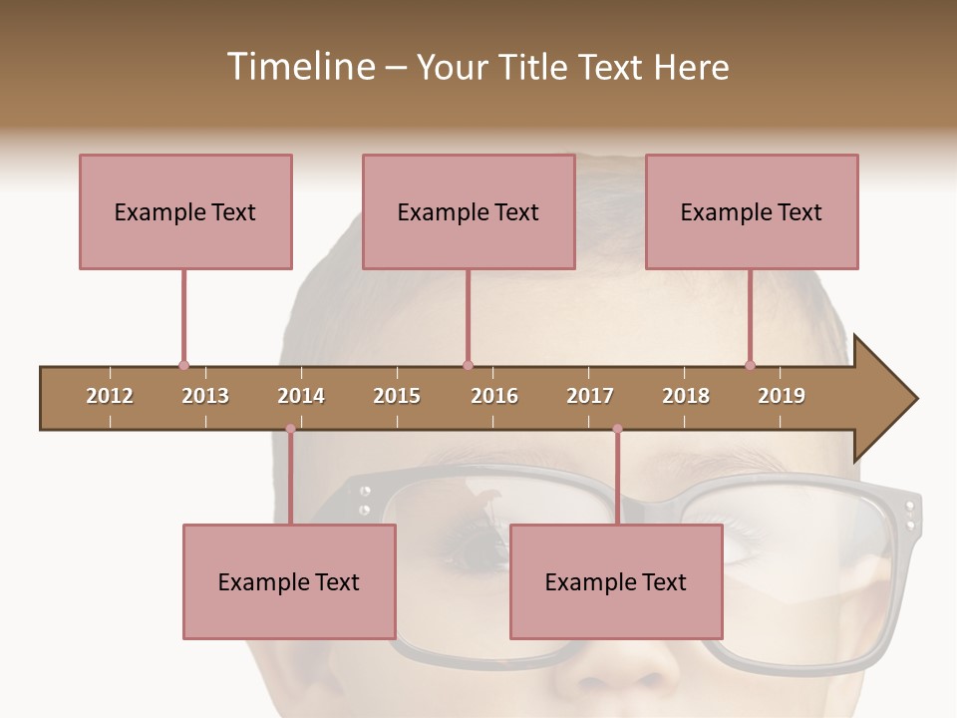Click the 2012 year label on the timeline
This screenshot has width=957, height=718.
tap(110, 396)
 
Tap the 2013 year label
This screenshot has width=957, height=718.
tap(205, 396)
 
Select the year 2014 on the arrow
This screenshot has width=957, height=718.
tap(301, 396)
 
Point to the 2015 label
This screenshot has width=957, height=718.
tap(397, 396)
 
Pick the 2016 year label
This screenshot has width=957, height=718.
tap(494, 396)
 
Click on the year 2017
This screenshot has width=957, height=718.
tap(590, 396)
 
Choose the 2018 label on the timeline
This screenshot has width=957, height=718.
tap(686, 396)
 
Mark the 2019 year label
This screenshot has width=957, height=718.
tap(782, 396)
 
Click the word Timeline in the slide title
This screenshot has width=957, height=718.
tap(299, 67)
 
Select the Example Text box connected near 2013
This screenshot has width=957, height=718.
tap(185, 211)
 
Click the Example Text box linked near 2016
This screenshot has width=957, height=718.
tap(469, 211)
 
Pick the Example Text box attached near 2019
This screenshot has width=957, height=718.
tap(752, 211)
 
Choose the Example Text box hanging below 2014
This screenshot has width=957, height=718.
tap(289, 582)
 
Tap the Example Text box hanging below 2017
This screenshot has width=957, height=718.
tap(616, 582)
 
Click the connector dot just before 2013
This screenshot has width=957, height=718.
tap(183, 366)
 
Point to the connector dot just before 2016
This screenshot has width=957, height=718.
tap(468, 366)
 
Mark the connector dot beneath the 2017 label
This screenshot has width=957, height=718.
tap(617, 429)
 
